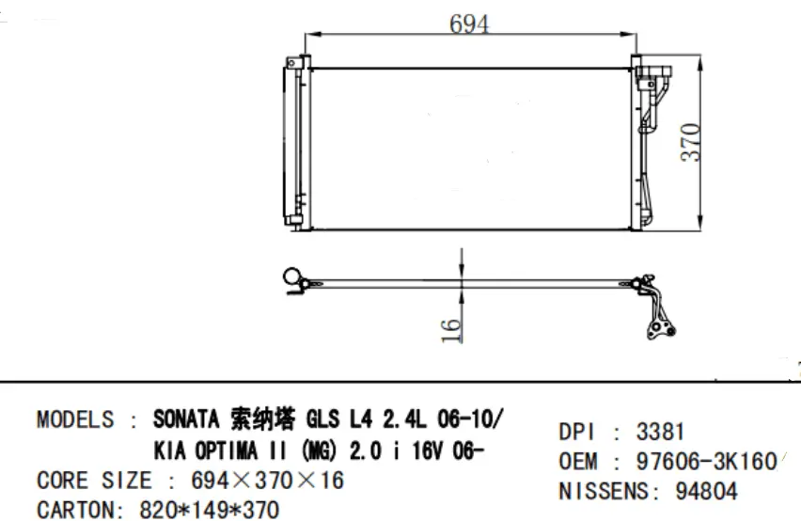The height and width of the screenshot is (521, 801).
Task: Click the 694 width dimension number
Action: (x=468, y=25)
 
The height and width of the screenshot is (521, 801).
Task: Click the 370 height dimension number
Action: (x=691, y=141)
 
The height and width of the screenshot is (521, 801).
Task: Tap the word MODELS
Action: (x=75, y=419)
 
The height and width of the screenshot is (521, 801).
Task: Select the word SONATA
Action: (x=186, y=419)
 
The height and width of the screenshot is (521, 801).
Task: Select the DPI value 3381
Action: (x=660, y=433)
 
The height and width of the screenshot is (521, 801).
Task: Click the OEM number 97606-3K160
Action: (x=706, y=462)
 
